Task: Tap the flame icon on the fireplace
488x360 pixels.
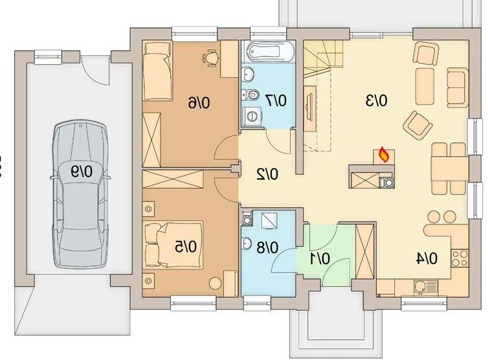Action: [x=384, y=155]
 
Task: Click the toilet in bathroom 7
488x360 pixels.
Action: [x=251, y=93]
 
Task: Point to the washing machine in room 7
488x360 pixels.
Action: [x=251, y=117]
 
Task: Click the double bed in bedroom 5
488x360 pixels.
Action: [x=173, y=245]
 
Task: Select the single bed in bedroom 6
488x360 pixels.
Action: [x=157, y=71]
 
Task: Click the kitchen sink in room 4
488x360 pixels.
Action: [x=425, y=287]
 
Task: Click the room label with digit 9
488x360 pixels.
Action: [x=82, y=172]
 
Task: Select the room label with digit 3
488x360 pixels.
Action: [x=377, y=101]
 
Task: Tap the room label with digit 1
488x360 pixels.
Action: [x=320, y=259]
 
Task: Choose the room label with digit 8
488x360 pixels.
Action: [x=268, y=248]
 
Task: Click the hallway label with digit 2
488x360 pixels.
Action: [x=267, y=175]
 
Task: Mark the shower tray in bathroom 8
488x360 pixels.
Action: [x=269, y=221]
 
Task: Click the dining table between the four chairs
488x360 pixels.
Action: [x=449, y=168]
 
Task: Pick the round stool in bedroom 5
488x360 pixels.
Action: [x=215, y=284]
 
